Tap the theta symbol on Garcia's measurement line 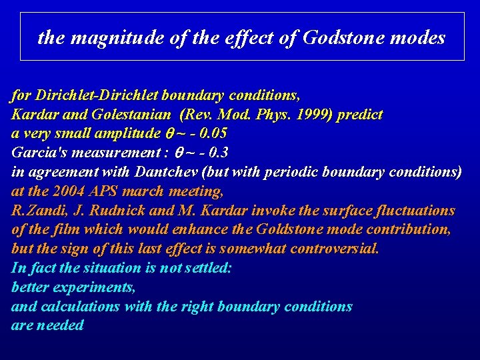click(179, 153)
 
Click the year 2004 click(68, 191)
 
